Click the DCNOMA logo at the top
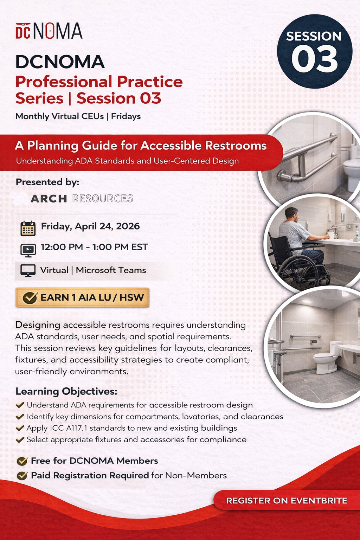49,31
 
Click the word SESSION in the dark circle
314,36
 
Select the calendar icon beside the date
28,228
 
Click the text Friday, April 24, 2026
90,226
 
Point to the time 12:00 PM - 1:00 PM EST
94,247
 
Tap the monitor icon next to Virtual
28,271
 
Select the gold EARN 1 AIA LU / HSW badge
83,297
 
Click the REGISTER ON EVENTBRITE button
287,500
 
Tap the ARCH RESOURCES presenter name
82,199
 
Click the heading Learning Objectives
66,391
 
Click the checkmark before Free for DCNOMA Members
22,461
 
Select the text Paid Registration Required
90,475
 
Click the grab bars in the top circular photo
306,158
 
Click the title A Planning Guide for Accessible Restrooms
141,146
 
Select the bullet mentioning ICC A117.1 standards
132,428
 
